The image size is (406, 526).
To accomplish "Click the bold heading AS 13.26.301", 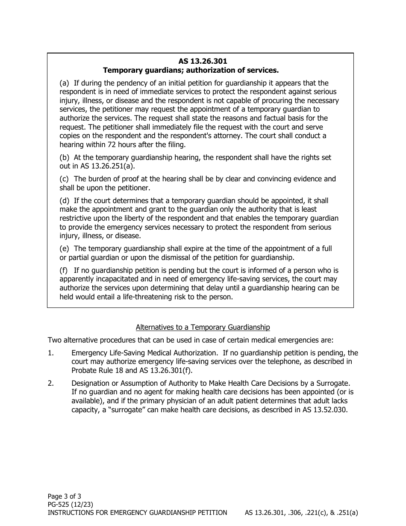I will (203, 62).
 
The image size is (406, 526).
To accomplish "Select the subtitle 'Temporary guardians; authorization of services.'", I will (191, 70).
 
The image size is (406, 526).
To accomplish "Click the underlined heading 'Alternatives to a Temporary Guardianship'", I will (203, 327).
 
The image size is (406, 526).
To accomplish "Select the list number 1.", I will (50, 353).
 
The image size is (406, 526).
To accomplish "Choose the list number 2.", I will (50, 383).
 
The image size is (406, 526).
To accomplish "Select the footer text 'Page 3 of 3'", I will (64, 496).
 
